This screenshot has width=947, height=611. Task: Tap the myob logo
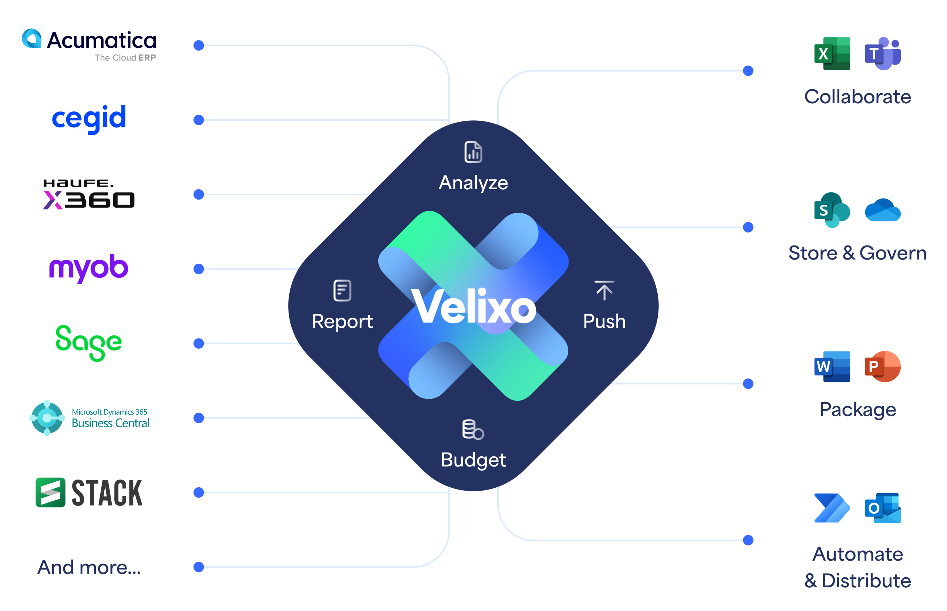point(89,267)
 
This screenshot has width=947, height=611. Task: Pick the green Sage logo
point(89,343)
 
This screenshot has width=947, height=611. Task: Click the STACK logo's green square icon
point(50,493)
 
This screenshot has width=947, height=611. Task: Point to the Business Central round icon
point(47,418)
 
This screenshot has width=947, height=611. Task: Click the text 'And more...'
point(89,567)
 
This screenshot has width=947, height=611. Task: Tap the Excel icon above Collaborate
point(832,54)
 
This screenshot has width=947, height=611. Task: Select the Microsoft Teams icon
point(883,54)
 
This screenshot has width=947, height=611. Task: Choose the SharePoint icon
point(832,210)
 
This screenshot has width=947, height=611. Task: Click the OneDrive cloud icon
point(883,210)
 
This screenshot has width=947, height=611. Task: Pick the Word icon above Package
point(832,366)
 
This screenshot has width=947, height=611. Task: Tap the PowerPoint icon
point(883,366)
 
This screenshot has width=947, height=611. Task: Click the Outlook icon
point(883,508)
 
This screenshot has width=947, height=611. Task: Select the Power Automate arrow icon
point(832,508)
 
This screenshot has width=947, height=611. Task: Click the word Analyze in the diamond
point(473,183)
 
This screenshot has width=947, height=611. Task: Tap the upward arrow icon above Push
point(604,290)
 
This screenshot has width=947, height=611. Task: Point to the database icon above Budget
point(473,429)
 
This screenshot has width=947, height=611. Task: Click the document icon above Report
point(342,290)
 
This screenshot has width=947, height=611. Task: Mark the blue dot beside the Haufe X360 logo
point(199,194)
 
